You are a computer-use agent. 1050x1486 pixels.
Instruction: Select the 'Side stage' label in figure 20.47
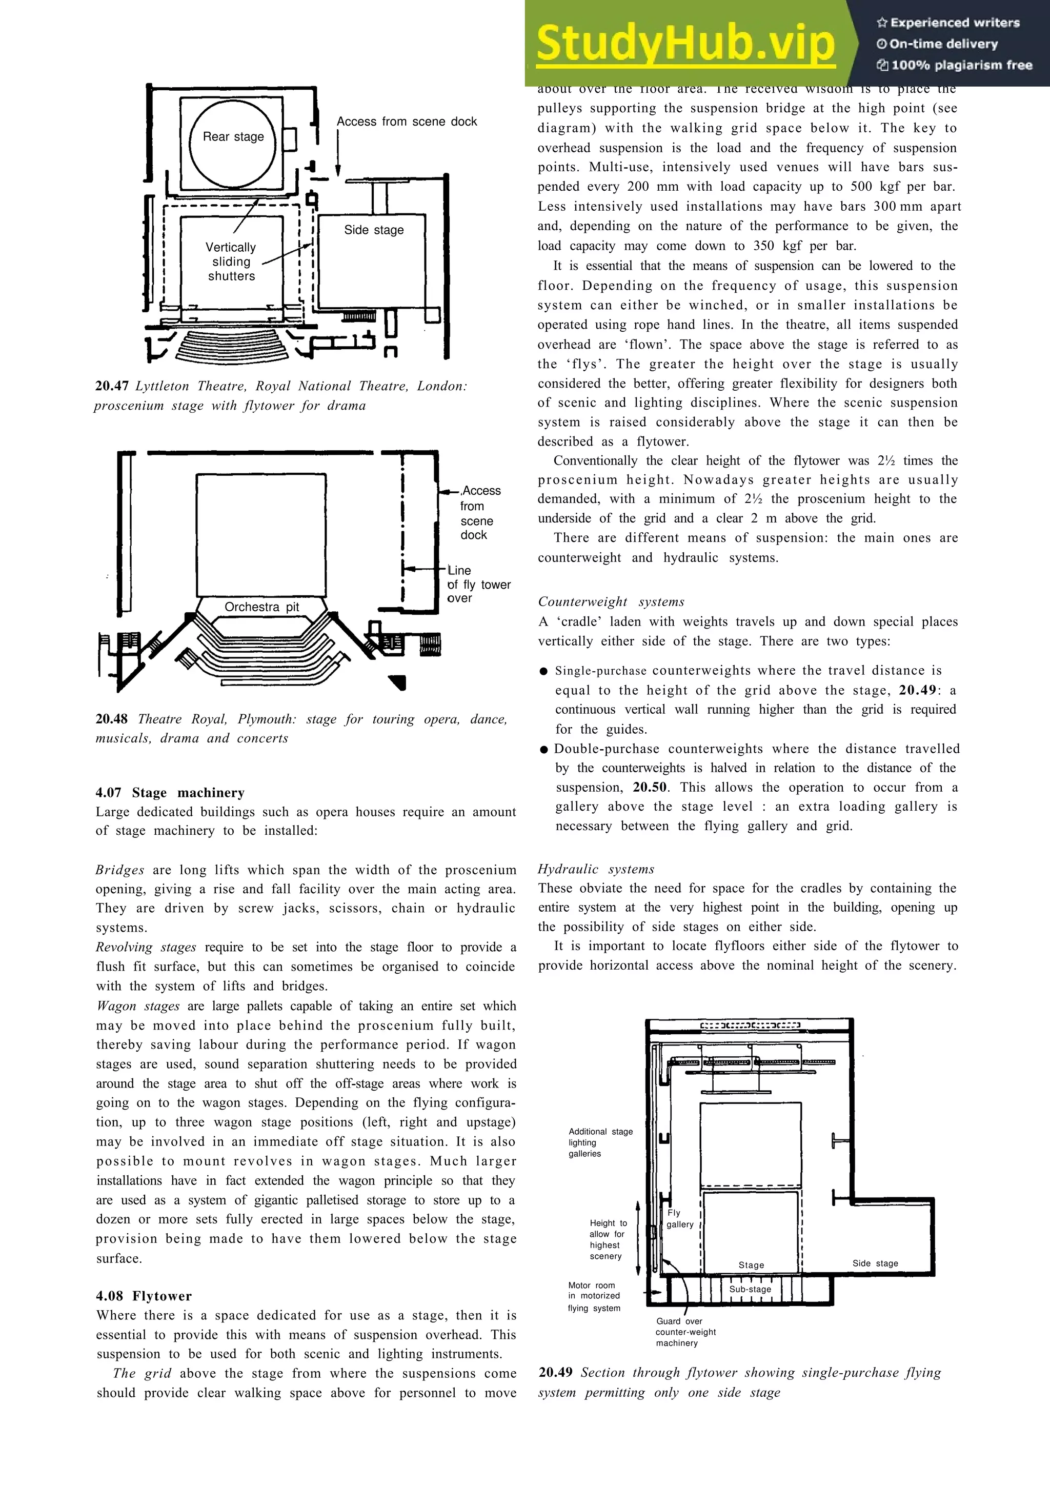pyautogui.click(x=373, y=230)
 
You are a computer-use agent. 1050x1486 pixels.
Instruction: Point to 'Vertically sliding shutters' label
pyautogui.click(x=231, y=262)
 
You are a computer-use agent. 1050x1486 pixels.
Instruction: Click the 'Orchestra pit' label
pyautogui.click(x=261, y=607)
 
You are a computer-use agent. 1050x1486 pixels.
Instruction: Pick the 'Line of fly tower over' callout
pyautogui.click(x=478, y=584)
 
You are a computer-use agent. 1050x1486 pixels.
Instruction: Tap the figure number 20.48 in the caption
pyautogui.click(x=111, y=719)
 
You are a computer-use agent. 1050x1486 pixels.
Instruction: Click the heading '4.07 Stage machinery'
pyautogui.click(x=170, y=793)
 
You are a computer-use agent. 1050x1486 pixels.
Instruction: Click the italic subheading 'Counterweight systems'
pyautogui.click(x=611, y=601)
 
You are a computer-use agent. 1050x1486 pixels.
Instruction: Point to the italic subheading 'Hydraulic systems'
pyautogui.click(x=595, y=869)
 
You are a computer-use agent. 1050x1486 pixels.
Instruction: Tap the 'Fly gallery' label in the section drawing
pyautogui.click(x=679, y=1218)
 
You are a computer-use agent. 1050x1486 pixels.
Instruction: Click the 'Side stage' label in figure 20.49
pyautogui.click(x=875, y=1263)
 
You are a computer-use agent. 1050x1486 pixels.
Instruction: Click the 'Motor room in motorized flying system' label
pyautogui.click(x=593, y=1296)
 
